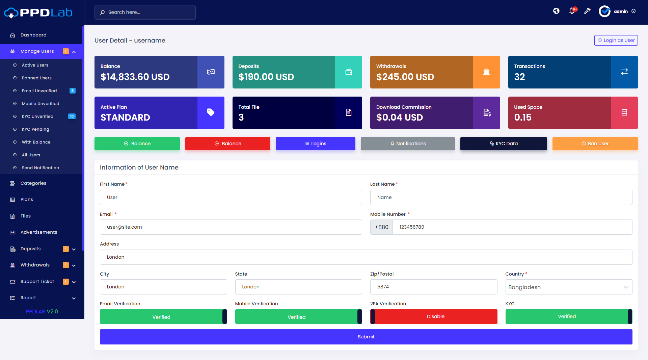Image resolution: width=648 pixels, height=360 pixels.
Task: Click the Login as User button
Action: pos(616,40)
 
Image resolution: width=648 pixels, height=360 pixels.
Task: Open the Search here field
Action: pos(145,12)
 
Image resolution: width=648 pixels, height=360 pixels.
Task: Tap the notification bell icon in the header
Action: pos(572,11)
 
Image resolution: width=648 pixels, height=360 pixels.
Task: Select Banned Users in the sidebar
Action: pos(37,78)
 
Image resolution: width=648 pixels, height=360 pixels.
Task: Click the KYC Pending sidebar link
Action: pos(35,129)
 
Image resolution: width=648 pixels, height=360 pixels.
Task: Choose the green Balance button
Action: pos(137,144)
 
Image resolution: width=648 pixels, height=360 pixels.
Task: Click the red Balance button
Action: pos(228,144)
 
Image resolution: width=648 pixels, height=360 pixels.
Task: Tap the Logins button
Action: pos(316,144)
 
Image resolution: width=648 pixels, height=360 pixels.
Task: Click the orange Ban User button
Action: pos(595,144)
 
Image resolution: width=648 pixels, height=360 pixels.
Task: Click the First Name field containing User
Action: pos(231,197)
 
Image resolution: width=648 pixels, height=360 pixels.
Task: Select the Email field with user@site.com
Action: pos(231,227)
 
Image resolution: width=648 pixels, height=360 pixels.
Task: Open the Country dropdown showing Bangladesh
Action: pos(569,287)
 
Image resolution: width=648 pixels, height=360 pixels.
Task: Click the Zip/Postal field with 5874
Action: pos(434,287)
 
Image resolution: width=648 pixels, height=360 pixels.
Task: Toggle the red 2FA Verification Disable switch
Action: pos(434,316)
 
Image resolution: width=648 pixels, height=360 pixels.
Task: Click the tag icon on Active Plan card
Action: pos(211,112)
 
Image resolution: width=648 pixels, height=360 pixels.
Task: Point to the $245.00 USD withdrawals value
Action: pos(405,77)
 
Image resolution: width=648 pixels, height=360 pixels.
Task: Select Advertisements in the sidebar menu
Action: pos(39,232)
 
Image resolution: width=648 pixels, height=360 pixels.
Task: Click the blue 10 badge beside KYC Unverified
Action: pos(72,117)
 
